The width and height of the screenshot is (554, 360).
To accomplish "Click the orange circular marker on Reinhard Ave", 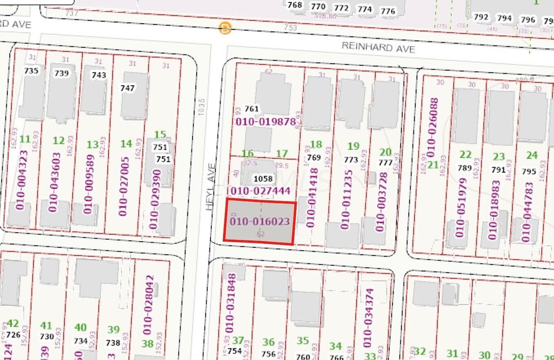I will point(225,28).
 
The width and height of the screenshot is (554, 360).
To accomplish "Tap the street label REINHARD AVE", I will point(378,47).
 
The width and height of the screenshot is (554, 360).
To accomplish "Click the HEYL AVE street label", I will point(211,187).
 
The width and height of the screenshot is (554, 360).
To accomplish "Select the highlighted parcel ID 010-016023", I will point(260,222).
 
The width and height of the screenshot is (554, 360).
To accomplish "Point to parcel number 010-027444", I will point(261,191).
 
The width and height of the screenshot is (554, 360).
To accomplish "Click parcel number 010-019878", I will point(266,122).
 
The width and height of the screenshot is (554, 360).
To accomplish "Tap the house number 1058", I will point(263,179).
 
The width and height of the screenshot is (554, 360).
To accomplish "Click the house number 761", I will point(252,109).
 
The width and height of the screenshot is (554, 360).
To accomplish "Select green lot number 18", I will point(316,144).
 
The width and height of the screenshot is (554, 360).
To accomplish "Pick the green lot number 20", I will point(386,152).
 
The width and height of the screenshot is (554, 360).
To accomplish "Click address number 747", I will point(127,88).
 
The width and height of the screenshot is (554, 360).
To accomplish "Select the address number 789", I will point(465,167).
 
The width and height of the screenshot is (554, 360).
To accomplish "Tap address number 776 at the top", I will point(388,11).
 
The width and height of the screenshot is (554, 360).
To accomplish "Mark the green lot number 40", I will point(80,327).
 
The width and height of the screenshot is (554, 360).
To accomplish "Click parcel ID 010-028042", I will point(148,305).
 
